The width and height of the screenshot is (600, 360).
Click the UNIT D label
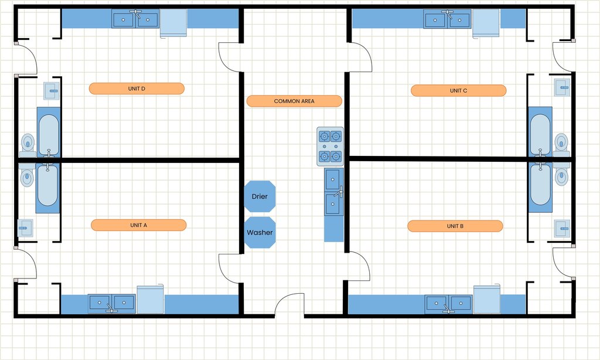(x=137, y=89)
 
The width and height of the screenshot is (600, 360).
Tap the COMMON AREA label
(x=294, y=101)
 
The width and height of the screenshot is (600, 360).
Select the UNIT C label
(x=458, y=90)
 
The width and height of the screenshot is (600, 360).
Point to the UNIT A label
(x=138, y=225)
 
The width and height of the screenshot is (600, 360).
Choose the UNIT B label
(x=455, y=226)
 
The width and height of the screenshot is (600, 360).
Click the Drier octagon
(x=260, y=196)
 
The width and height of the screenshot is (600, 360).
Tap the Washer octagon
(x=260, y=232)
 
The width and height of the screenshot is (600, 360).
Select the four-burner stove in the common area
(x=330, y=147)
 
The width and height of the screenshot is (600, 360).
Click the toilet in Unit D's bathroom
(x=28, y=145)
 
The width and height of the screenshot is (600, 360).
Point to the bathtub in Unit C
(x=540, y=133)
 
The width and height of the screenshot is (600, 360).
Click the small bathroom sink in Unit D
(x=52, y=91)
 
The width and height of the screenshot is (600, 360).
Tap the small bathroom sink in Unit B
(x=562, y=228)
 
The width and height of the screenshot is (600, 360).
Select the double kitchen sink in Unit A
(x=112, y=303)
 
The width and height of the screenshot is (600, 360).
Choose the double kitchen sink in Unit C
(x=447, y=19)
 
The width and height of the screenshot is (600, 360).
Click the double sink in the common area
(x=334, y=192)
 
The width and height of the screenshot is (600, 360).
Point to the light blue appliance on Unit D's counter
(x=173, y=23)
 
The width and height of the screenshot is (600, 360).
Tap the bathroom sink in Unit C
(x=562, y=87)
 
